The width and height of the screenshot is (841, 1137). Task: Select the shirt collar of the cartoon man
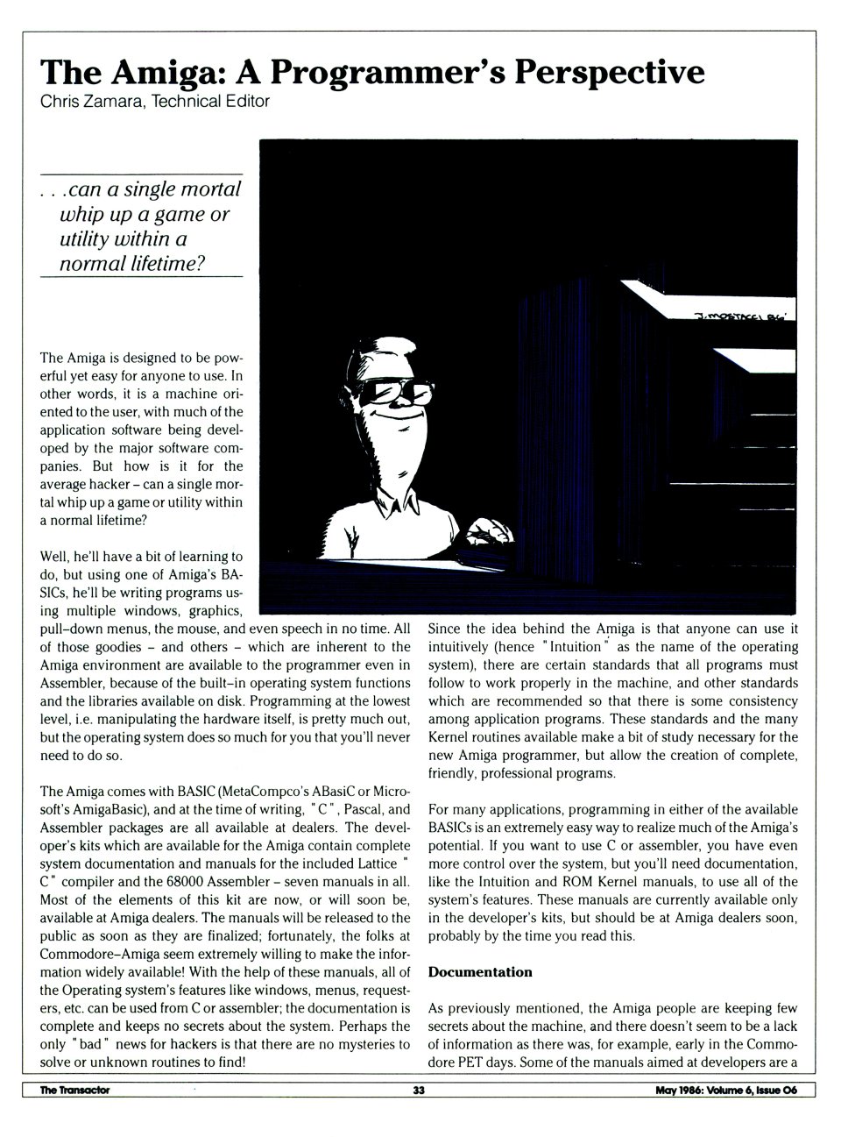click(399, 507)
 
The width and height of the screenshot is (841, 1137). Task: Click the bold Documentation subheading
click(480, 971)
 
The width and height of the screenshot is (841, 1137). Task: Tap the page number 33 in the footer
click(419, 1091)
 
